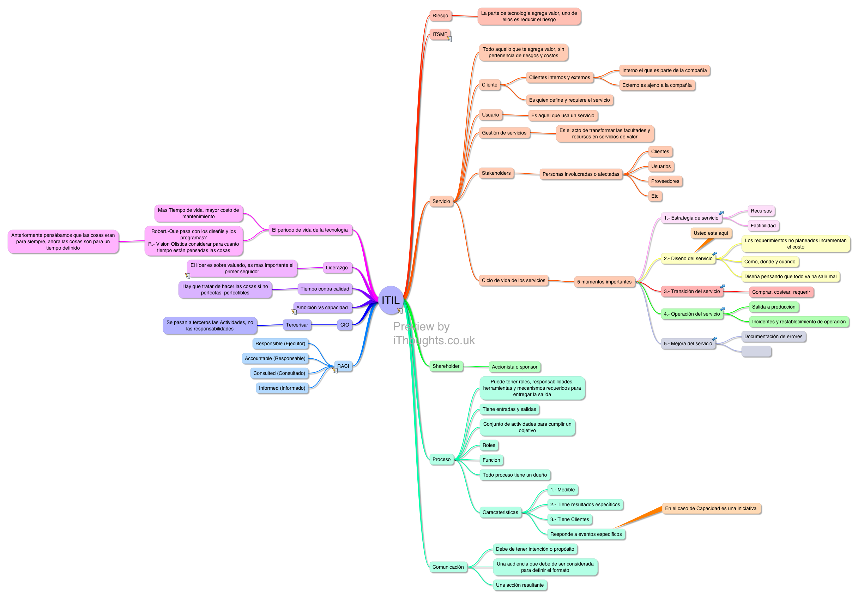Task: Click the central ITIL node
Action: pos(391,300)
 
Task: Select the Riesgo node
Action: pos(440,16)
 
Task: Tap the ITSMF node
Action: pos(440,34)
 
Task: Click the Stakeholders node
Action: pos(496,173)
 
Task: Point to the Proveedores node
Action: pos(665,181)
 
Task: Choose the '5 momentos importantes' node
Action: pos(604,282)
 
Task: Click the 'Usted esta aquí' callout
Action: pos(711,233)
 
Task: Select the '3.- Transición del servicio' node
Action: pos(691,291)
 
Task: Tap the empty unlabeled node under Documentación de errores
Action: pos(756,352)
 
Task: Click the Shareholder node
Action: pos(446,366)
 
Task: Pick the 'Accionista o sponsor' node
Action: pos(514,367)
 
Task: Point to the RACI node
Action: pos(343,366)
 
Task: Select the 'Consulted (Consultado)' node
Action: pos(279,373)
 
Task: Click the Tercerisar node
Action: pos(297,325)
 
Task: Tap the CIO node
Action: pos(345,325)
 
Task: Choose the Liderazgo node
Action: pos(337,268)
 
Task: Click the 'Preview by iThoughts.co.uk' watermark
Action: pos(434,334)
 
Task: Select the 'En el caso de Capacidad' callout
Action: pos(711,509)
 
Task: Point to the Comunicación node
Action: pos(448,567)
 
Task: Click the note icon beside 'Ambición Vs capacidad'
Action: pos(294,311)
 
